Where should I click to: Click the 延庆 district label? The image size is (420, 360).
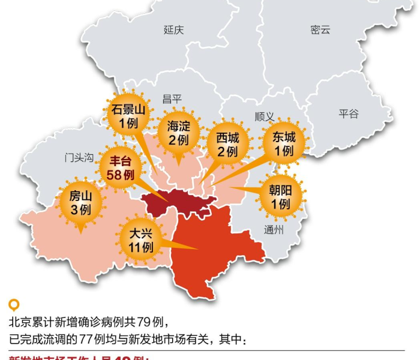click(173, 30)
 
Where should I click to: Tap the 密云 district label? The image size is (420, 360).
click(320, 30)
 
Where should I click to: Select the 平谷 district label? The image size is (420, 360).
click(349, 113)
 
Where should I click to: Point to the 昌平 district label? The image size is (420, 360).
click(172, 99)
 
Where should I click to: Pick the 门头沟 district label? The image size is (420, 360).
click(79, 158)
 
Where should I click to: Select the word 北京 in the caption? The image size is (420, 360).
click(19, 322)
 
